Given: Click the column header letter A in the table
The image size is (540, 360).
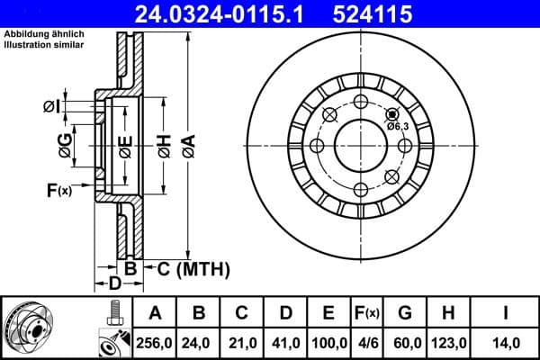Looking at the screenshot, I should (154, 313).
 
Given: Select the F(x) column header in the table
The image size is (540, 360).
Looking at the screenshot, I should (368, 313).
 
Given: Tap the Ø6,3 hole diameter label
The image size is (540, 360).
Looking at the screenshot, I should (399, 126).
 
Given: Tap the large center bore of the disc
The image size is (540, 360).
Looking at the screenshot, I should (358, 146).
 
